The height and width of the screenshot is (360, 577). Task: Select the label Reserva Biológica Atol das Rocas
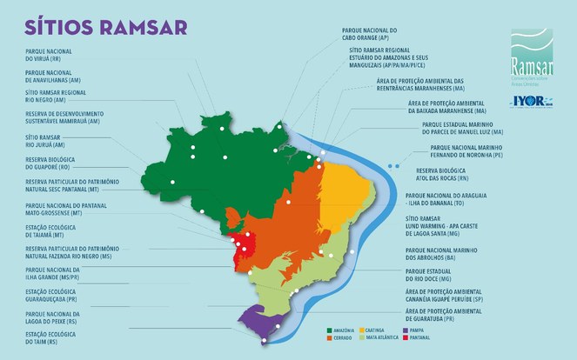[447, 174]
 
